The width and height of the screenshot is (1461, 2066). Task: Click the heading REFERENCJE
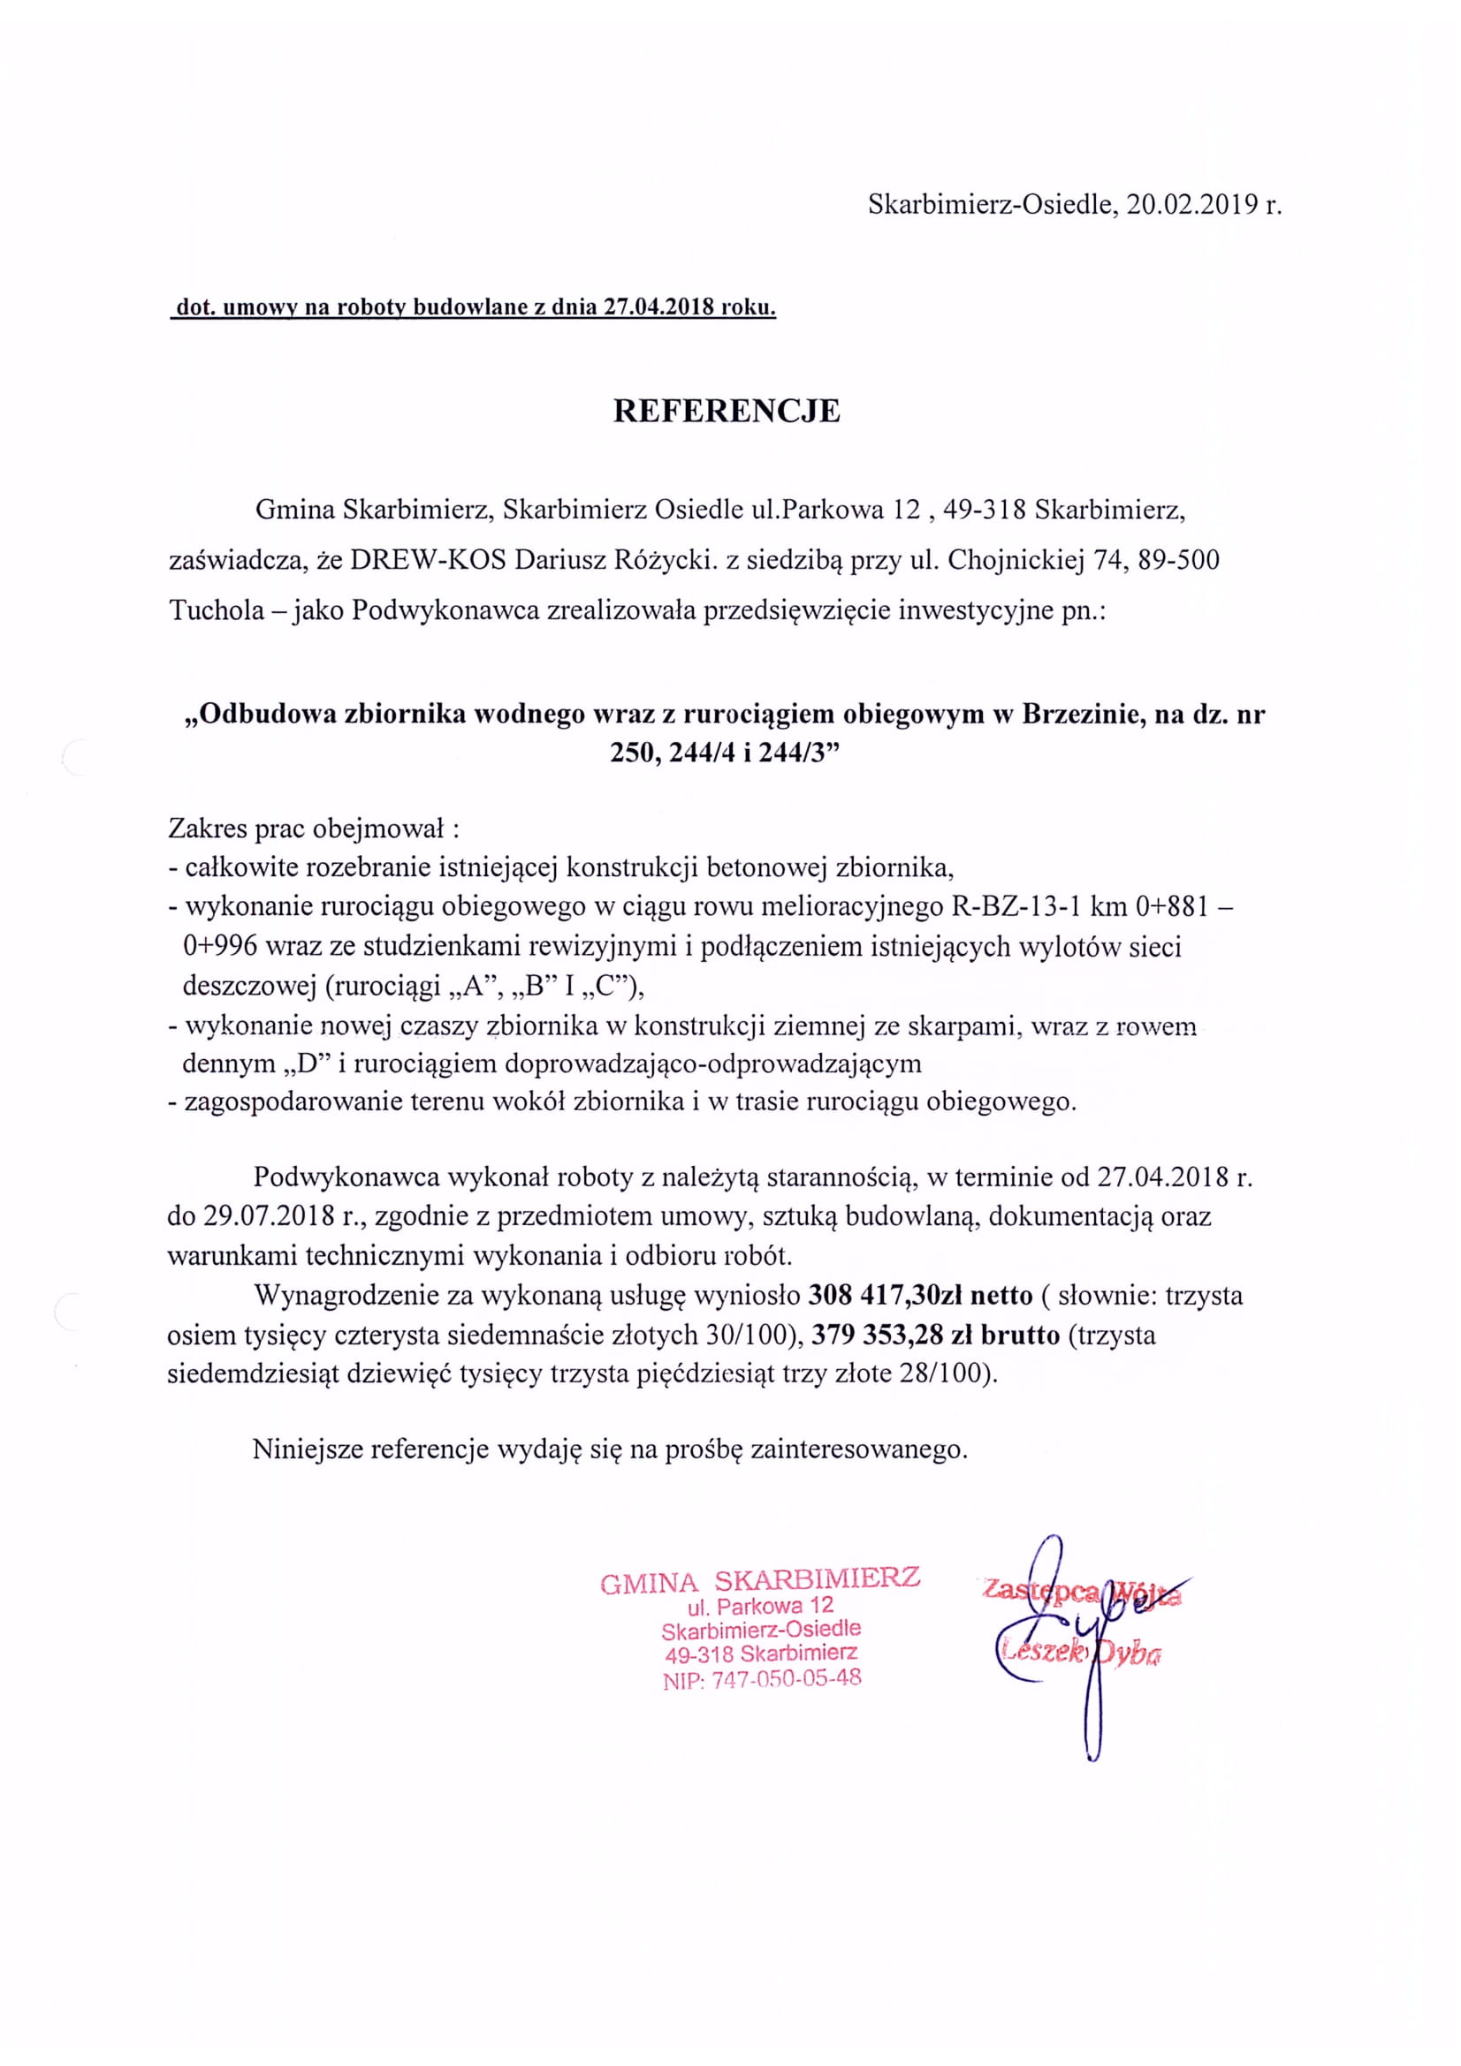coord(727,412)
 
